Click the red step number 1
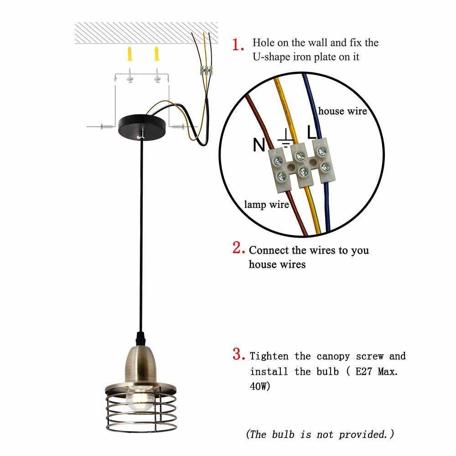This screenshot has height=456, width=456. point(238,45)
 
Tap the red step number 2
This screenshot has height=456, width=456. point(238,248)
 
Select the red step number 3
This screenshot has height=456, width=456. point(238,354)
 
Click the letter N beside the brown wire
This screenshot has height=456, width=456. point(259,145)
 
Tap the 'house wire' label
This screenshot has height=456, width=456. point(342,111)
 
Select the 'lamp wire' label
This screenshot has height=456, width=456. point(266,204)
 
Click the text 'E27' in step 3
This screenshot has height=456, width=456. point(364,371)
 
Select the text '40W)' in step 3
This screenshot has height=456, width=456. point(260,386)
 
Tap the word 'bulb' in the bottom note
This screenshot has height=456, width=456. point(283,434)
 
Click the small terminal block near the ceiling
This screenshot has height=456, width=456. point(207,70)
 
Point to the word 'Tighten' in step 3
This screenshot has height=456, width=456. point(269,356)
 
